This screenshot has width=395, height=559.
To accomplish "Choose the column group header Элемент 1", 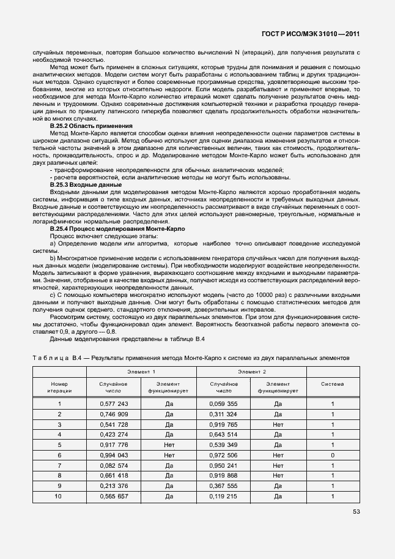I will tap(141, 372).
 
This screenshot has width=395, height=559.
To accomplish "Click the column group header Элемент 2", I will tap(252, 372).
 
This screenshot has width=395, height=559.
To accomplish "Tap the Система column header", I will tap(332, 384).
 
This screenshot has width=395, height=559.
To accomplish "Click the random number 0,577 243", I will tap(114, 404).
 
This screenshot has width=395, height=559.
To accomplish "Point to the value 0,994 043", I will tap(114, 456).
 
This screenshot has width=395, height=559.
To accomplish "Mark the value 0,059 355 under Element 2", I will tap(223, 404).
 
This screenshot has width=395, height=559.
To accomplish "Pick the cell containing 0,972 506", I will tap(223, 456).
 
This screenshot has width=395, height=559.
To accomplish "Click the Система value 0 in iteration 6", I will tap(332, 456).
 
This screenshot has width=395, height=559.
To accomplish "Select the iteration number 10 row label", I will tap(59, 496).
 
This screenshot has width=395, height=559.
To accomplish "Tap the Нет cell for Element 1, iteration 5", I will tap(169, 445).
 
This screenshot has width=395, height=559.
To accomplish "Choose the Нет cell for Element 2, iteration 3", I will tap(278, 424).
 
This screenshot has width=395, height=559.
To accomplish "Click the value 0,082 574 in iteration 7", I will tap(114, 466).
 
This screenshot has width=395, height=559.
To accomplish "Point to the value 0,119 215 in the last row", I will tap(223, 496).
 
